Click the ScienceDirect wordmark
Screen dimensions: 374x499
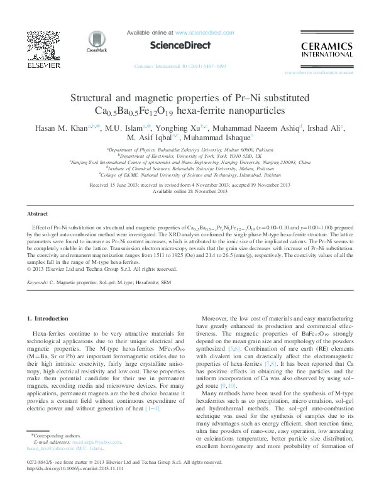pyautogui.click(x=173, y=45)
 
